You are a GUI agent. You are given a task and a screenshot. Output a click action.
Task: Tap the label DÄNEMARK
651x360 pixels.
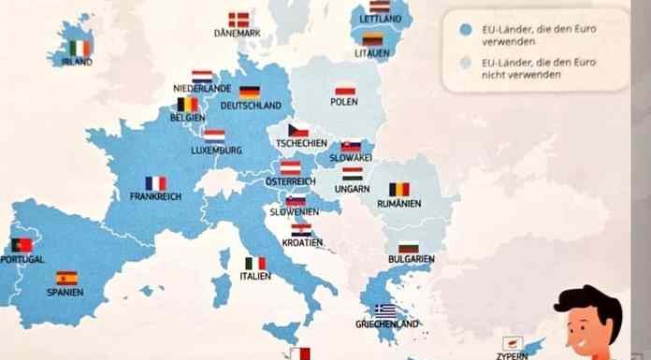click(x=237, y=33)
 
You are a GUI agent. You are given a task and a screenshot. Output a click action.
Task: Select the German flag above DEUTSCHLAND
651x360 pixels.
click(x=249, y=92)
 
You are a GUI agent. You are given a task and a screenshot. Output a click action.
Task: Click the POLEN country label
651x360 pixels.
click(x=344, y=102)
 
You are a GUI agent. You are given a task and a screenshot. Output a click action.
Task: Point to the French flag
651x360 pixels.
click(x=155, y=183)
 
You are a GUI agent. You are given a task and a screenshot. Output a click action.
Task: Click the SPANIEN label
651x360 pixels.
click(x=65, y=292)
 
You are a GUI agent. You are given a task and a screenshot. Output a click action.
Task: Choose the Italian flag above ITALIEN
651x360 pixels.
click(x=255, y=263)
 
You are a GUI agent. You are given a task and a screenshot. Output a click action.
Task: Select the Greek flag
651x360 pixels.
click(x=384, y=310)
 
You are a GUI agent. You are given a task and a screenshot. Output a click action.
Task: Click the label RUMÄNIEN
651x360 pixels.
click(x=399, y=203)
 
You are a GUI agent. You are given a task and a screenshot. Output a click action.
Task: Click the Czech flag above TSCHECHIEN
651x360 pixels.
click(x=298, y=130)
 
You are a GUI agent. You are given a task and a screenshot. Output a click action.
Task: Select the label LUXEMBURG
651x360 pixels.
click(x=216, y=150)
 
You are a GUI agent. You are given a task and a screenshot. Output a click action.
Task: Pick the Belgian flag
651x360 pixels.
click(x=188, y=105)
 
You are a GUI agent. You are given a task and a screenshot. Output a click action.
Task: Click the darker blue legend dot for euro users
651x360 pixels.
click(x=465, y=29)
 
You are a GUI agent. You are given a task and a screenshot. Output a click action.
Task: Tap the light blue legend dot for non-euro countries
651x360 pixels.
click(x=465, y=63)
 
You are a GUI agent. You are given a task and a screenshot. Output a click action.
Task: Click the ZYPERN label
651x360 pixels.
click(x=512, y=355)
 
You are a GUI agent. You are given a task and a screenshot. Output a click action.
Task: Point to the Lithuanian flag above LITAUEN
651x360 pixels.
click(x=372, y=39)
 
